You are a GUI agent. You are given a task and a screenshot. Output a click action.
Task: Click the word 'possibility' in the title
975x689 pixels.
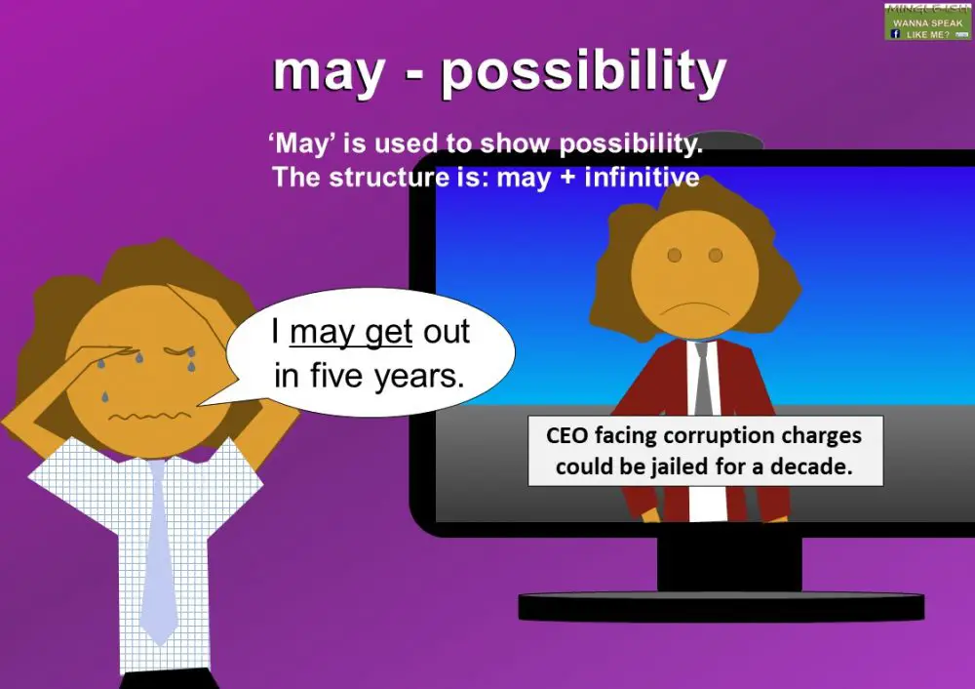click(x=583, y=71)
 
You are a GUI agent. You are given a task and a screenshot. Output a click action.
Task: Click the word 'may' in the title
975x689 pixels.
click(x=328, y=73)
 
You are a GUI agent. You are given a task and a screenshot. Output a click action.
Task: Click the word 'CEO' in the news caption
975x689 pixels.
click(x=565, y=436)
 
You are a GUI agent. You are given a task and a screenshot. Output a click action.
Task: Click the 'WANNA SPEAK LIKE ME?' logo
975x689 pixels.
click(x=928, y=21)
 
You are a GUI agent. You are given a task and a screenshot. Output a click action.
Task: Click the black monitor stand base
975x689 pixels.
click(x=720, y=607)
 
